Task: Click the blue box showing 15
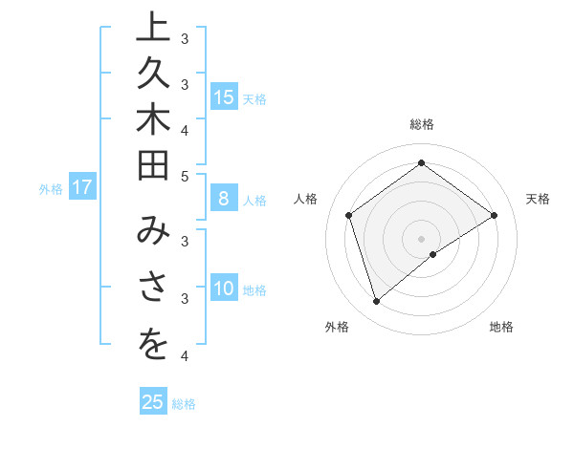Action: pyautogui.click(x=224, y=96)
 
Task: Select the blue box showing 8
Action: pyautogui.click(x=224, y=200)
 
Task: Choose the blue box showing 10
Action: pyautogui.click(x=224, y=289)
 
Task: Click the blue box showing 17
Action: pyautogui.click(x=82, y=188)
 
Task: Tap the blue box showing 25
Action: pyautogui.click(x=153, y=402)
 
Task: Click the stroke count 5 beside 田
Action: pyautogui.click(x=185, y=176)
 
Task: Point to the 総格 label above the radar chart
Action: pyautogui.click(x=422, y=124)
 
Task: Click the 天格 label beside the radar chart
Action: pyautogui.click(x=539, y=199)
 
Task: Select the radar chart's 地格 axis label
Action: pyautogui.click(x=501, y=327)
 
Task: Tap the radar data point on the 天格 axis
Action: pyautogui.click(x=494, y=215)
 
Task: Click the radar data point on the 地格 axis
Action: pyautogui.click(x=433, y=254)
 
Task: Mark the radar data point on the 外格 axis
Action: pyautogui.click(x=376, y=302)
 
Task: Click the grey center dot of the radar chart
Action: pyautogui.click(x=422, y=239)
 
